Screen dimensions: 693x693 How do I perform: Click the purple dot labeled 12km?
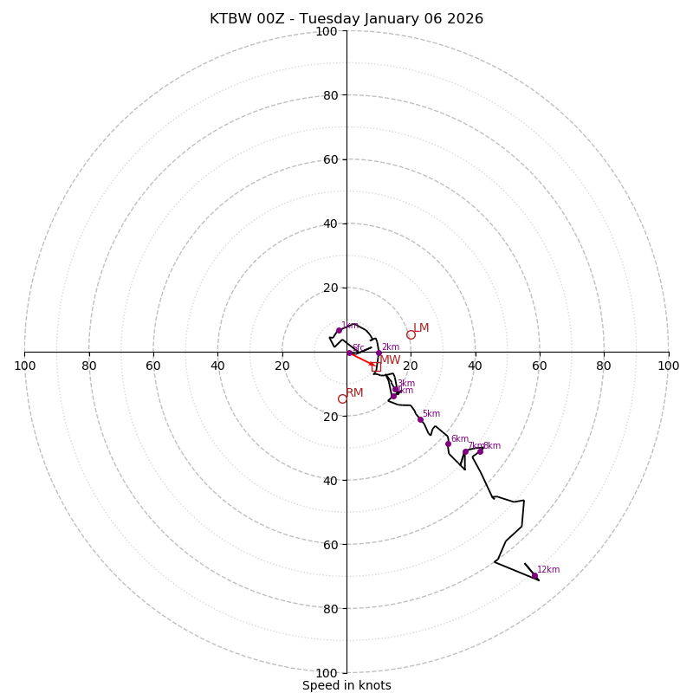534,575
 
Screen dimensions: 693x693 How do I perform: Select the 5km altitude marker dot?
420,419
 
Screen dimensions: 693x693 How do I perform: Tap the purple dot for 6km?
448,444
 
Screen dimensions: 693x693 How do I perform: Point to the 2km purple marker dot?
379,353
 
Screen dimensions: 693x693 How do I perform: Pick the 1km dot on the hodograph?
339,330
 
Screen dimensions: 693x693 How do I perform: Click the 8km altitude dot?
480,450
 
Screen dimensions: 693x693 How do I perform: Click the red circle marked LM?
411,334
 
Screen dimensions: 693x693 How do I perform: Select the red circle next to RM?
342,398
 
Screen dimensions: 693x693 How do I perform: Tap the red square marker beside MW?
376,366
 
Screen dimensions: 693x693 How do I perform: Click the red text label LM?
421,328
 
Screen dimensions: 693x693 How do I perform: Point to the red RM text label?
354,393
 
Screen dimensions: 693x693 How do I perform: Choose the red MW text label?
391,359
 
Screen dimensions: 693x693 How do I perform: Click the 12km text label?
548,570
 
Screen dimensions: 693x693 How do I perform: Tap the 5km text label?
431,414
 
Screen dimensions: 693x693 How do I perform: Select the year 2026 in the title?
465,19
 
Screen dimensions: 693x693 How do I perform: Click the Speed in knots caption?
346,685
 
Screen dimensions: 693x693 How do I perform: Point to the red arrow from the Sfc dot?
360,359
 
